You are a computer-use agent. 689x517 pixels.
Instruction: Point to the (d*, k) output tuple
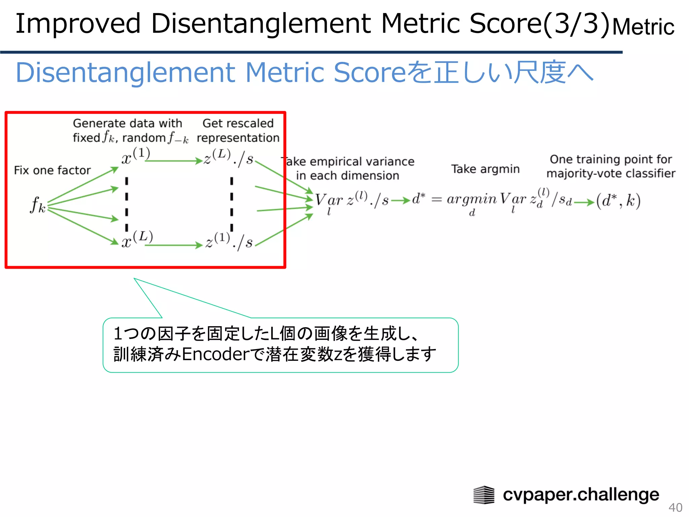pos(618,201)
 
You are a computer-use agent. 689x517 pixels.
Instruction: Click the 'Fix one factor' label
pos(52,170)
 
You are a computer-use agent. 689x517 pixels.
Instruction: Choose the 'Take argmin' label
pos(485,169)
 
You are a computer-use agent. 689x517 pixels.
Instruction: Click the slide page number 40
pos(675,507)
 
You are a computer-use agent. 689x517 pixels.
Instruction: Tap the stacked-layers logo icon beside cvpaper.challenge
pos(484,495)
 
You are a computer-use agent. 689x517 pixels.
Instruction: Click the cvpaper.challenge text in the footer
pos(581,494)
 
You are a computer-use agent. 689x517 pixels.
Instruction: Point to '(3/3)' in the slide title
pos(576,24)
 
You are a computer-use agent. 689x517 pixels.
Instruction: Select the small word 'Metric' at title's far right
pos(643,27)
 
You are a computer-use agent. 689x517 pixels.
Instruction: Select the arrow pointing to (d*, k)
pos(584,202)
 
